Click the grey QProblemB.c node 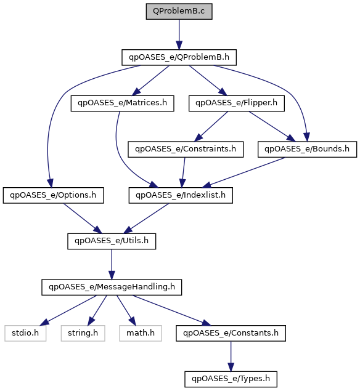tap(179, 11)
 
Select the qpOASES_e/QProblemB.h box tap(179, 57)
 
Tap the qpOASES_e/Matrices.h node tap(122, 103)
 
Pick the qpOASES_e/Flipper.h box tap(237, 103)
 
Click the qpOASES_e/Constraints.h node tap(186, 149)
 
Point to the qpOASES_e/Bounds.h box tap(307, 149)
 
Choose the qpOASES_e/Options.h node tap(53, 195)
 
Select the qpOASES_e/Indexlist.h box tap(181, 195)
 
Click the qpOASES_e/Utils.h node tap(112, 241)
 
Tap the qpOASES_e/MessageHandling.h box tap(112, 288)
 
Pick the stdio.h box tap(25, 333)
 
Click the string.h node tap(83, 333)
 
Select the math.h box tap(141, 333)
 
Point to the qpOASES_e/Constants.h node tap(231, 333)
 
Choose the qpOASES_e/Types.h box tap(231, 379)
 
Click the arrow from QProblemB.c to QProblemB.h tap(179, 34)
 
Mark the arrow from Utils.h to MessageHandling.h tap(112, 264)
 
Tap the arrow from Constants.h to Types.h tap(231, 357)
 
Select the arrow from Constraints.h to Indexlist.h tap(184, 172)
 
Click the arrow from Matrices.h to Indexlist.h tap(121, 157)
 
